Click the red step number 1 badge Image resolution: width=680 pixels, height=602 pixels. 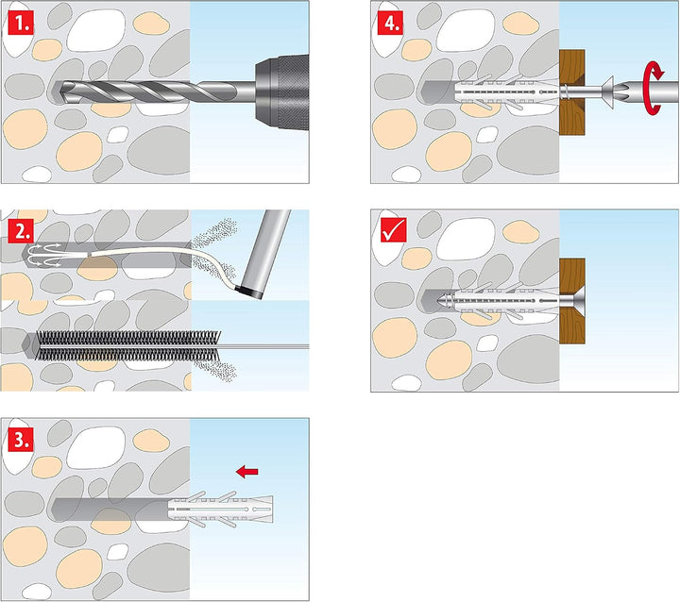21,24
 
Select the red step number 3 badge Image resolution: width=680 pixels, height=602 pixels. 21,440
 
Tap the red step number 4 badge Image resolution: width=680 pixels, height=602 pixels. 390,24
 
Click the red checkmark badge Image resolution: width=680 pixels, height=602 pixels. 393,229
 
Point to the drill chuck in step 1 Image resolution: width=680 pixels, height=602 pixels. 281,92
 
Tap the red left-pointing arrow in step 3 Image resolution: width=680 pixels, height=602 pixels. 247,471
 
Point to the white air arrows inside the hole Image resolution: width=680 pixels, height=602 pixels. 43,256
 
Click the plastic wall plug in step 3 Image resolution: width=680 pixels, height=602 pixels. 220,509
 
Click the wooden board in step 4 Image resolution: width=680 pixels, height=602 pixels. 572,92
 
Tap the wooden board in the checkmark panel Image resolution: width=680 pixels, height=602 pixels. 572,301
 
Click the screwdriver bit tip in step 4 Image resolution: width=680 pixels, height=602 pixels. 621,92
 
